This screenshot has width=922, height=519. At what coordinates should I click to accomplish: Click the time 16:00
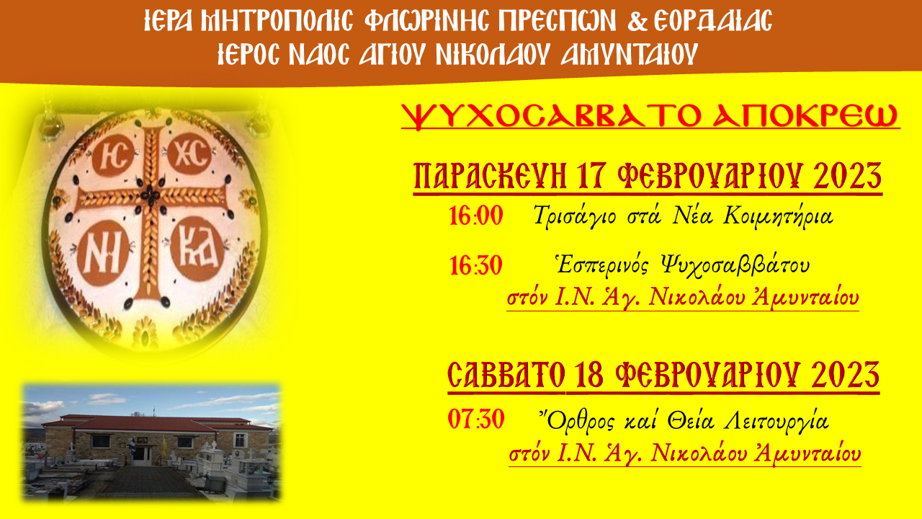[476, 216]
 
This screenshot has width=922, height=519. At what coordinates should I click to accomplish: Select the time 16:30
[476, 266]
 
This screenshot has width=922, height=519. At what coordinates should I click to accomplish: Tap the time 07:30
[476, 420]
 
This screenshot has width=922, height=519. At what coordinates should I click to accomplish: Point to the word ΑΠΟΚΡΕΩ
[806, 117]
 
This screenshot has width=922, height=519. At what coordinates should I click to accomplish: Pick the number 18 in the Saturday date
[589, 376]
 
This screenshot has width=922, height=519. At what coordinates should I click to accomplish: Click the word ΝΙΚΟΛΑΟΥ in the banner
[493, 54]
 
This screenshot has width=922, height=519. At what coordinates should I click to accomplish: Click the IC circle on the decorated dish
[113, 155]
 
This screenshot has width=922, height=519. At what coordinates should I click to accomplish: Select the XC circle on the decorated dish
[189, 154]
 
